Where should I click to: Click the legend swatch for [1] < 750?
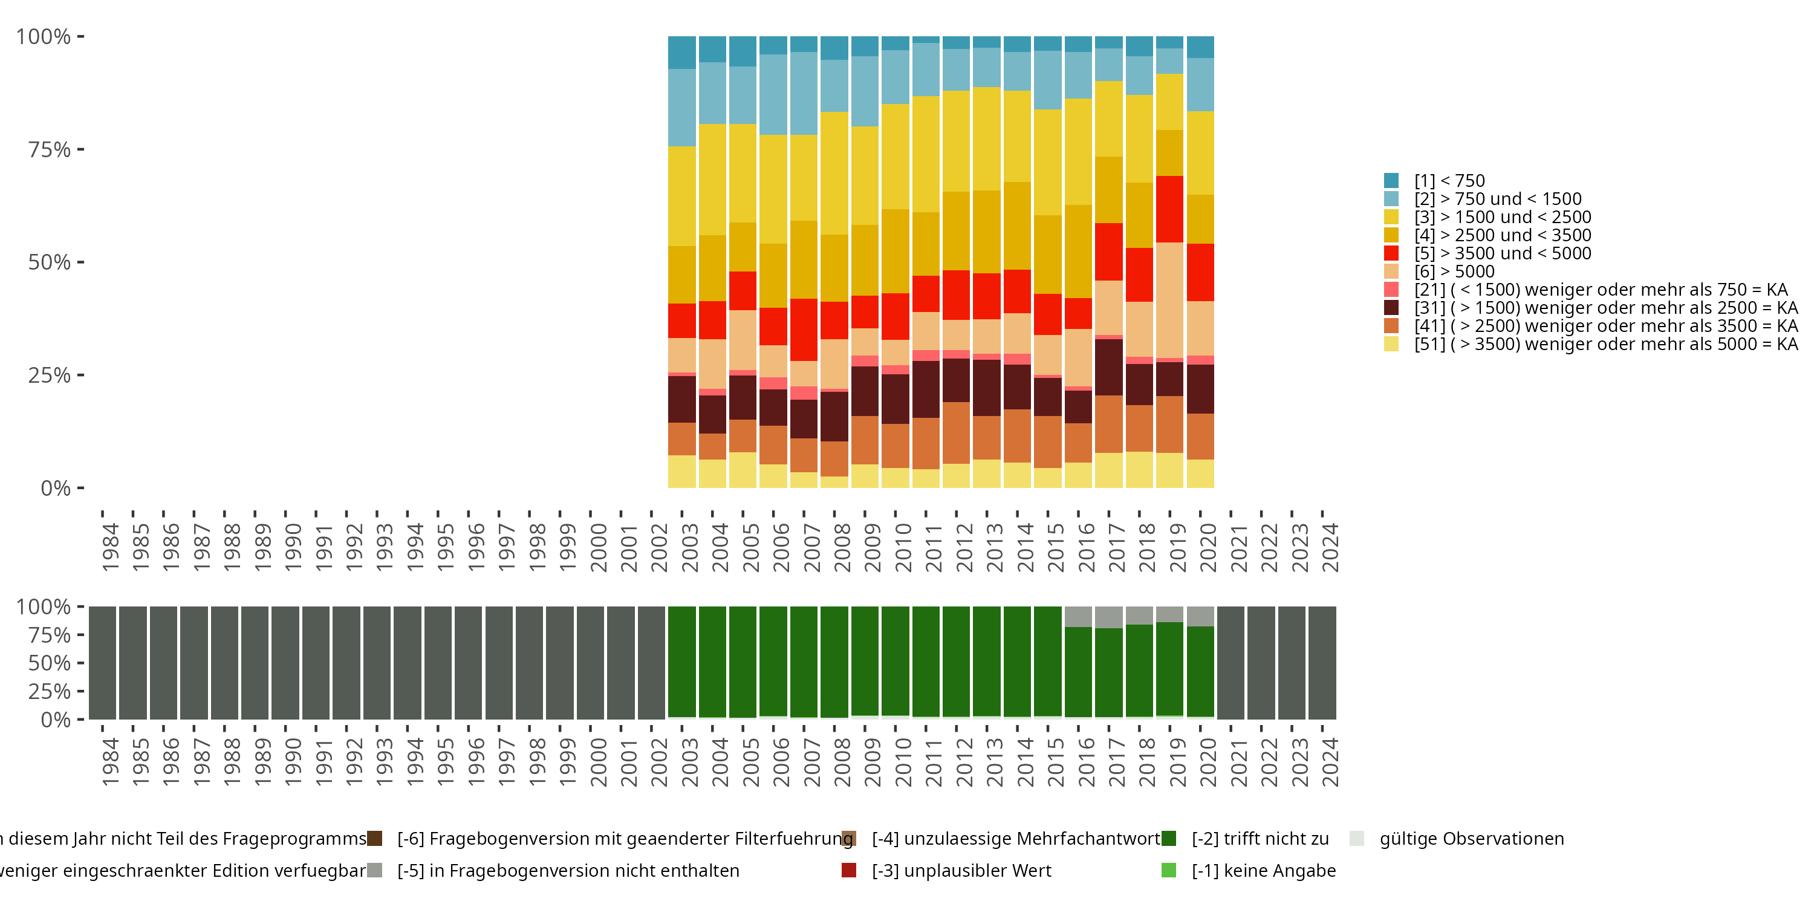(1391, 181)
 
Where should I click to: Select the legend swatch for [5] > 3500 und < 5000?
(1391, 253)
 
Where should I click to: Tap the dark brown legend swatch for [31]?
(1391, 308)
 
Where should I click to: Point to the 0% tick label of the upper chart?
(56, 488)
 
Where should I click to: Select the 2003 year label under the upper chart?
(689, 547)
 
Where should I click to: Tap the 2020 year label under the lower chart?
(1208, 762)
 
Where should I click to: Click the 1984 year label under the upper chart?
(111, 547)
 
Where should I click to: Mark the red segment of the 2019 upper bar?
(1169, 209)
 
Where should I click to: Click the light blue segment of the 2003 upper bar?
(681, 107)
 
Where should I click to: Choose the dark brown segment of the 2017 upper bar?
(1108, 367)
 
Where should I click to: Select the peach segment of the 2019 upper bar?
(1169, 300)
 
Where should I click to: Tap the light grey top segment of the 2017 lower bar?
(1108, 617)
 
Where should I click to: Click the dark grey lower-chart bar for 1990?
(285, 663)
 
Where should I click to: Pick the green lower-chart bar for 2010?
(895, 662)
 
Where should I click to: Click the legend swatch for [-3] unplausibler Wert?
(848, 870)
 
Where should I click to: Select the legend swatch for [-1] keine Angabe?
(1168, 870)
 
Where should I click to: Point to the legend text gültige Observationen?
(1471, 839)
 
